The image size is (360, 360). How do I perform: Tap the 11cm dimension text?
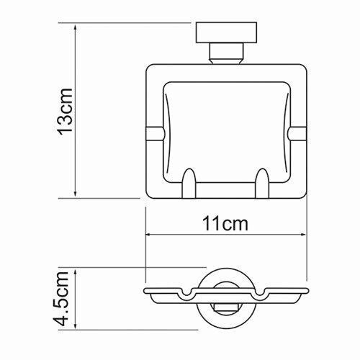click(225, 224)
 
